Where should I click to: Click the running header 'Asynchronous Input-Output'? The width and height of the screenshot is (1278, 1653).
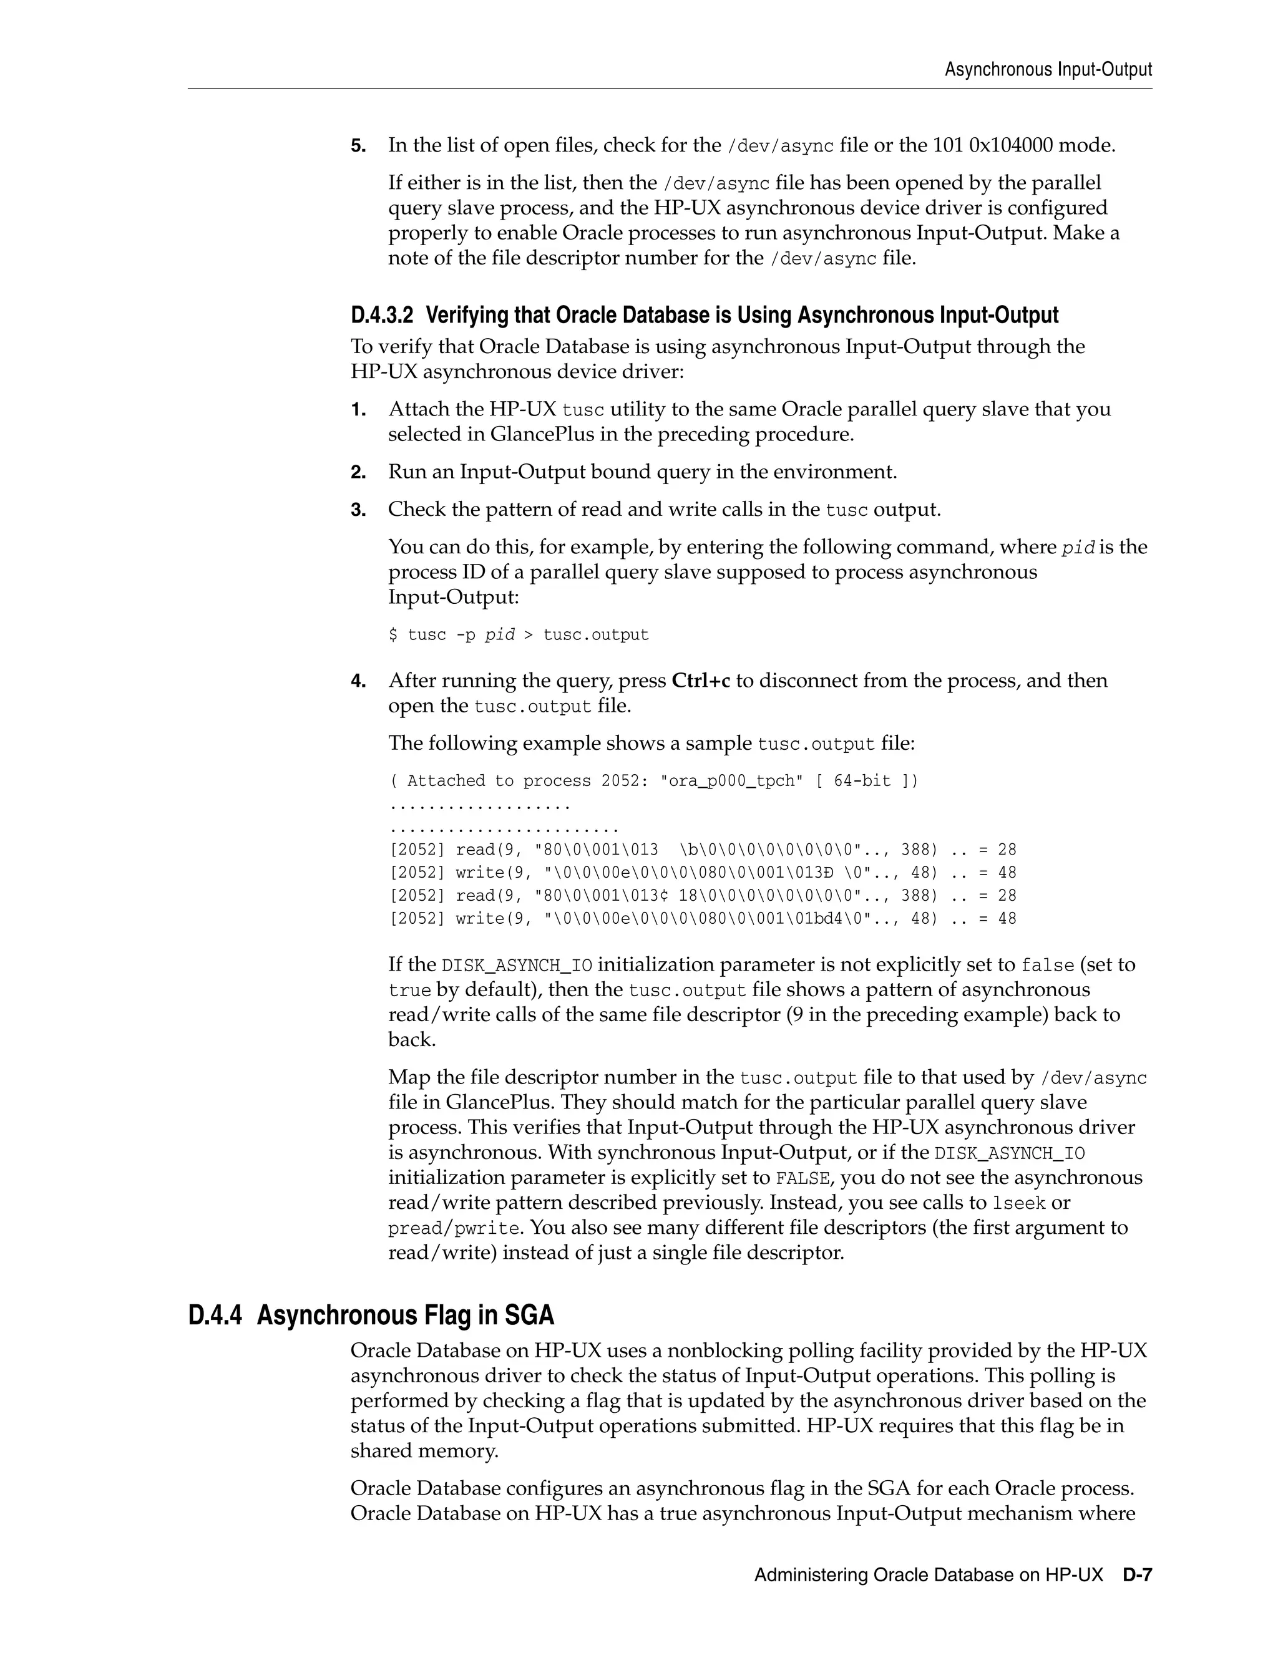tap(1048, 70)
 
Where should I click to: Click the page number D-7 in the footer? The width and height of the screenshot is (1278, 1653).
tap(1137, 1575)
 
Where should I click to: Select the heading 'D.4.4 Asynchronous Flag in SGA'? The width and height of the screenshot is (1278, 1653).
tap(371, 1316)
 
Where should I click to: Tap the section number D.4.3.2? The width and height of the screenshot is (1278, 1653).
tap(383, 315)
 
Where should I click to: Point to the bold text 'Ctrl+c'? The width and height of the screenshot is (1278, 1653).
tap(700, 681)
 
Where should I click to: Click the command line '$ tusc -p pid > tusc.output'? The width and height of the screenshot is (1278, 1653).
tap(519, 635)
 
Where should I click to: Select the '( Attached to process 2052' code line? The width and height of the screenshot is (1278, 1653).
tap(653, 780)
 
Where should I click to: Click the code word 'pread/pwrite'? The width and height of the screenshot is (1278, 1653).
tap(454, 1228)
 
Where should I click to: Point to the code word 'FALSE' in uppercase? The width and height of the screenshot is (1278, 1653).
tap(803, 1178)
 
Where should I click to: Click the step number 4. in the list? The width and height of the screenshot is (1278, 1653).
tap(358, 681)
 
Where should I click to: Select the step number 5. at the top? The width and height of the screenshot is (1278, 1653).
tap(358, 145)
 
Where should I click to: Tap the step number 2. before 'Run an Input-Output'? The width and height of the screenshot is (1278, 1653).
tap(358, 473)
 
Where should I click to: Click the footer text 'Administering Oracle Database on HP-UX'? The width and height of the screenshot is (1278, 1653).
tap(928, 1575)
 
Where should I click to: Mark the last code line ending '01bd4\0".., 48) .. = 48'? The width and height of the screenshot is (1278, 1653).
tap(702, 919)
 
